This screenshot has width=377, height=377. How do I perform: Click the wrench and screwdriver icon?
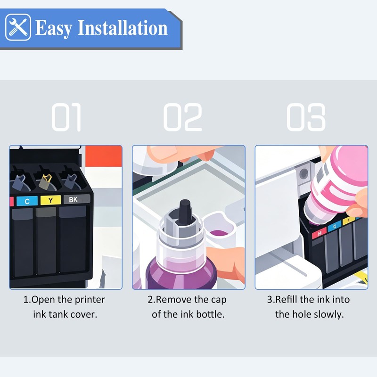[18, 27]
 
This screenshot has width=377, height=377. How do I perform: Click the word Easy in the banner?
[54, 28]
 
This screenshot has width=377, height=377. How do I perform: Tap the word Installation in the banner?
[123, 28]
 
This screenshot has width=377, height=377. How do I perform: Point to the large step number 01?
[66, 117]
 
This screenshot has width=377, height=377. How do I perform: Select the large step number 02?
[183, 117]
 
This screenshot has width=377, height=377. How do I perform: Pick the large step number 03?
[306, 117]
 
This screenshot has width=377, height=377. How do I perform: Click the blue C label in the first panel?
[27, 201]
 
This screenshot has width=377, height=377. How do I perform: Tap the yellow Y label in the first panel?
[50, 200]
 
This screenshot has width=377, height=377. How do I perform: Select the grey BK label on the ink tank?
[77, 199]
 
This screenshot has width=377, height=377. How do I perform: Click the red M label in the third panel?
[320, 233]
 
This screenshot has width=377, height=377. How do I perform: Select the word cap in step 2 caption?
[219, 300]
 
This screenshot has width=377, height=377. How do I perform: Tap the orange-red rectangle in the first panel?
[104, 156]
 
